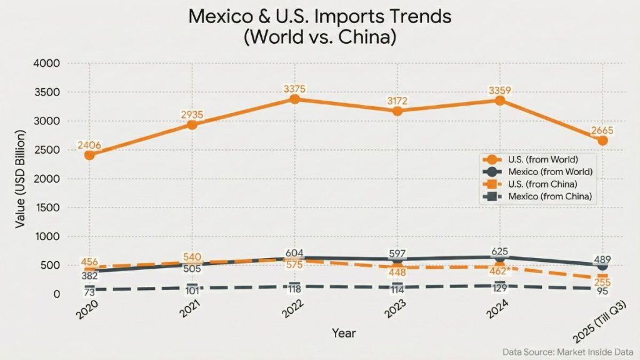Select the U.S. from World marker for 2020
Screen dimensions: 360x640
pos(90,155)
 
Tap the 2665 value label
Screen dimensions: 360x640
pos(602,131)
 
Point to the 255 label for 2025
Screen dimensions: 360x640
pos(602,282)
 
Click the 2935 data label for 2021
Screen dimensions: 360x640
pos(192,114)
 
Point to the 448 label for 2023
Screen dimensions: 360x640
pos(397,272)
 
